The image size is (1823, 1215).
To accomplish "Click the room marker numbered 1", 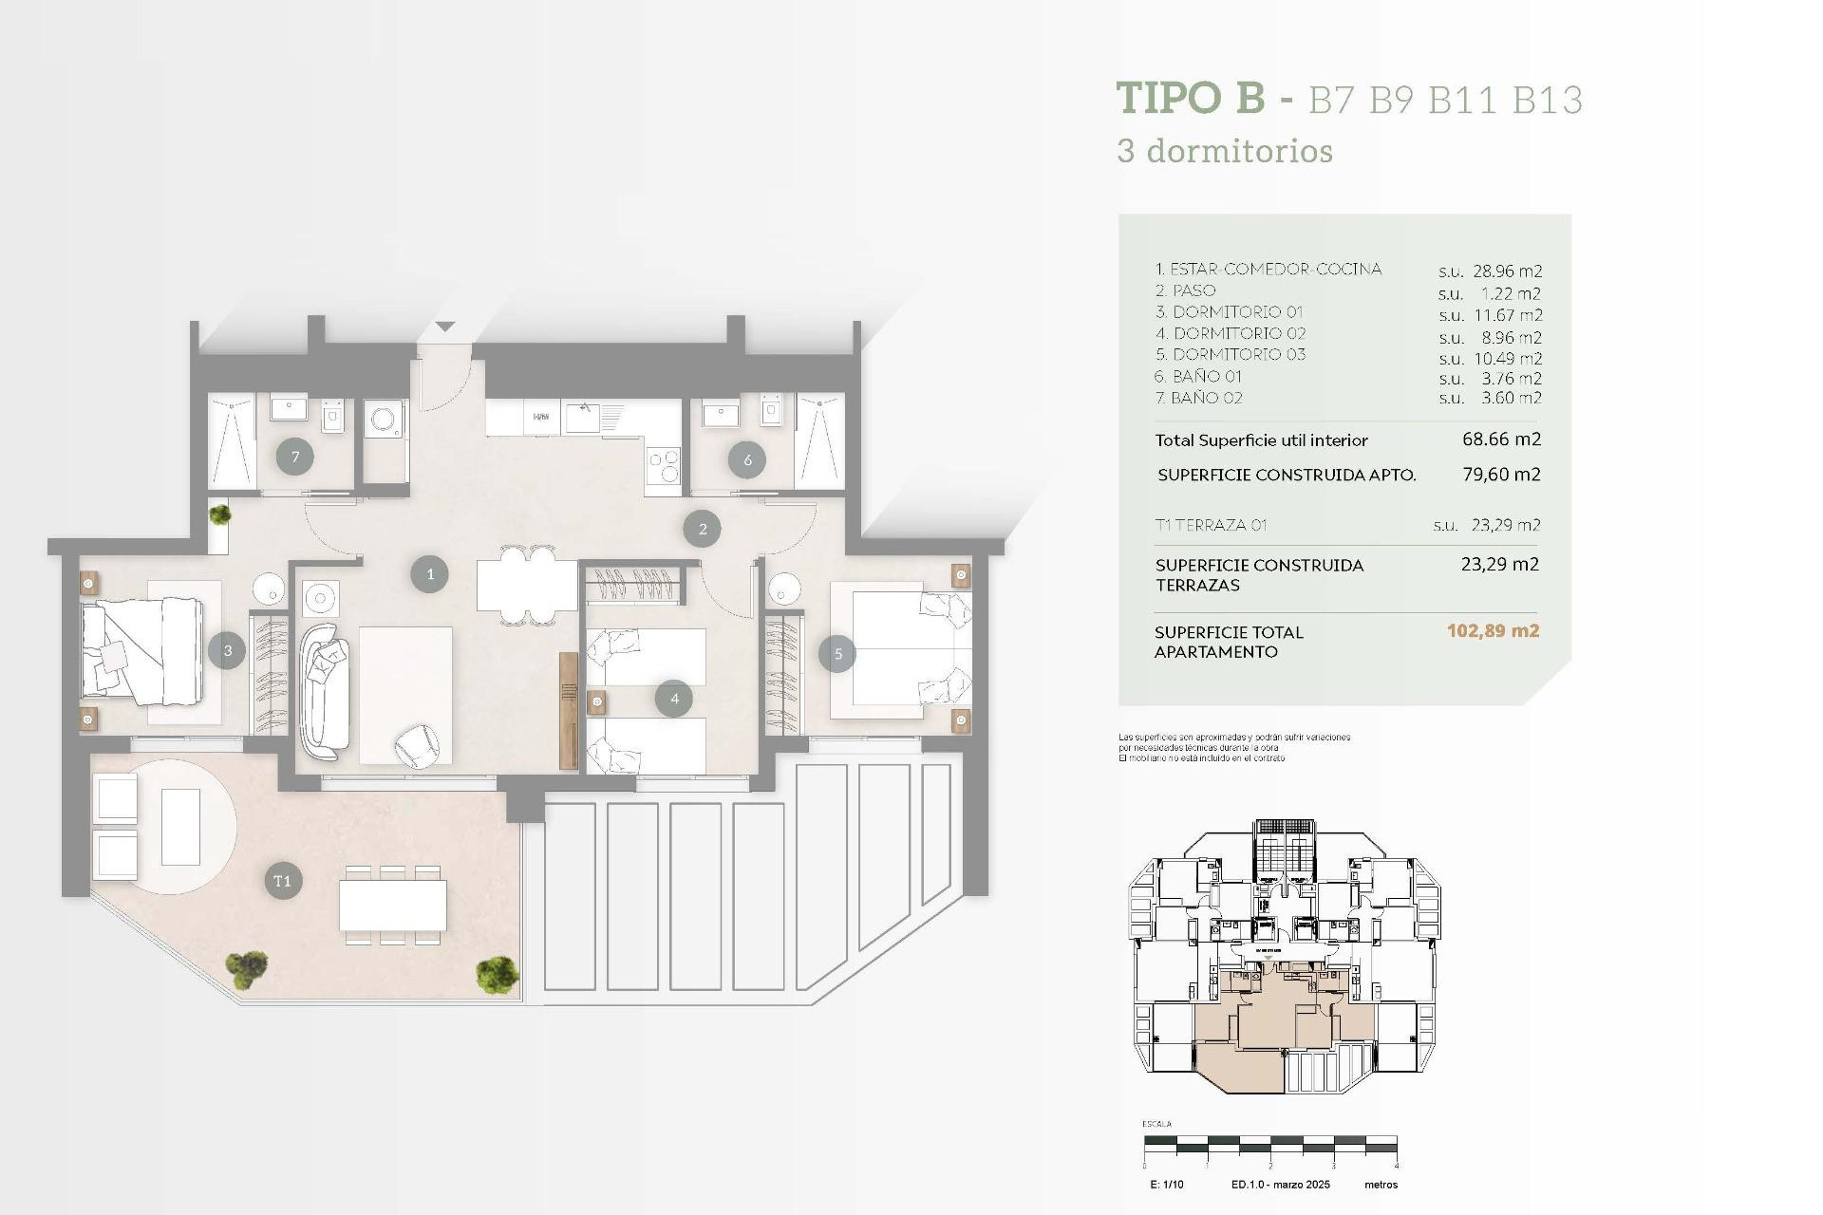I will pos(429,574).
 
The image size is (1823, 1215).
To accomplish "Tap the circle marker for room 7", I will pos(295,458).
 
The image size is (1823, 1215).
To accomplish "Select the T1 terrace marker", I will pos(282,881).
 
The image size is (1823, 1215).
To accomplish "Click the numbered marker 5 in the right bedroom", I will pos(837,654).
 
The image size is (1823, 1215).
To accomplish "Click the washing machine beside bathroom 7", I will pos(384,420).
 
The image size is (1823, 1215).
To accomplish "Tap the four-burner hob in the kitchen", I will pos(663,465).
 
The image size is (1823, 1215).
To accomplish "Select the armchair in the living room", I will pos(416,744).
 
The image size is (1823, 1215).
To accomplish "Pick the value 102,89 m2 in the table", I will pos(1492,631).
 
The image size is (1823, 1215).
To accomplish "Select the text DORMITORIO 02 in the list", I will pos(1239,333).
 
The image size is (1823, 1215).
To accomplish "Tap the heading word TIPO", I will pos(1170,99).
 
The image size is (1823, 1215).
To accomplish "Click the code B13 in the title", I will pos(1547,101).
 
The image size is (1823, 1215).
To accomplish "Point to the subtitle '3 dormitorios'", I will pos(1225,151).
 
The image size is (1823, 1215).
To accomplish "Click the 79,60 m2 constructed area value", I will pos(1500,475).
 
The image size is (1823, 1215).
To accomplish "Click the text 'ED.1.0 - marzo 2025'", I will pos(1280,1185).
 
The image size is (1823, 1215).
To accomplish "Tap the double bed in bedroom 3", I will pos(144,651).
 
